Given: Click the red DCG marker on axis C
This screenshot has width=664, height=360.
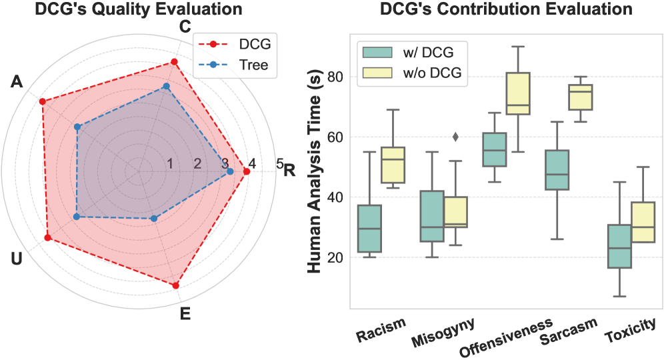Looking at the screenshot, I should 175,62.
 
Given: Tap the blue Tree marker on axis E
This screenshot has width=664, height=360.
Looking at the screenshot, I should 154,219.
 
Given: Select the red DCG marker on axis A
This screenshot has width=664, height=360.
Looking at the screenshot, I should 43,101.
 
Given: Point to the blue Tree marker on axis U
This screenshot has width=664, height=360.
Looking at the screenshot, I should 76,217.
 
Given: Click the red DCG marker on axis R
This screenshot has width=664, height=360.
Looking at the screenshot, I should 247,172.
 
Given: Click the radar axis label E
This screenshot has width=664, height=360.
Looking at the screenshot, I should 185,313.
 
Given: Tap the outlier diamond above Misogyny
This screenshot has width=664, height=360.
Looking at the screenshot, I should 456,137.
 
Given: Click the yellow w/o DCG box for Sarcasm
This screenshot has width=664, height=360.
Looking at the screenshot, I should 580,97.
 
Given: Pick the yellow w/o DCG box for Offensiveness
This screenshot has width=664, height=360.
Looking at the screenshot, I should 518,93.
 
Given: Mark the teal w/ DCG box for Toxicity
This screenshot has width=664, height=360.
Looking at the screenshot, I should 620,246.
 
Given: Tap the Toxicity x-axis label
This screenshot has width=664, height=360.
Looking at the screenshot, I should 631,331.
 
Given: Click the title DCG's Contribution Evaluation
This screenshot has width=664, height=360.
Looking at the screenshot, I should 505,11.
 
